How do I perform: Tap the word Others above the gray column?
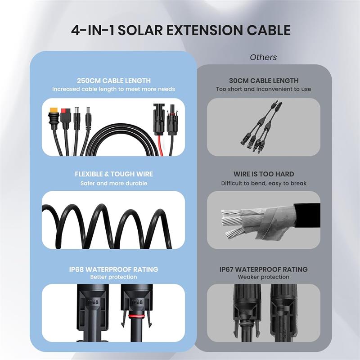coord(263,57)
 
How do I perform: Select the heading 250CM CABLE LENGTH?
coord(113,81)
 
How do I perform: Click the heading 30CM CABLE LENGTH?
coord(263,81)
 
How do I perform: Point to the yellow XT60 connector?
coord(54,112)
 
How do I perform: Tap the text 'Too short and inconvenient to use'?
coord(263,89)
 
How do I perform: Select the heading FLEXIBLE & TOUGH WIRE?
coord(113,174)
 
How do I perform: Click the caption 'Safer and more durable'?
coord(113,183)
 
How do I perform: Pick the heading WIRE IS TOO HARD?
coord(263,174)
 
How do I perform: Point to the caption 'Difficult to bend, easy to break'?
coord(263,183)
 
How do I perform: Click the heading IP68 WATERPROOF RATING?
coord(113,269)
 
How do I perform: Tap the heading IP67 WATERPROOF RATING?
coord(263,269)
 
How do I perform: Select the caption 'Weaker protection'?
coord(263,277)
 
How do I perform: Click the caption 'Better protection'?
coord(113,277)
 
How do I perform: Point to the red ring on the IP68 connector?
coord(135,316)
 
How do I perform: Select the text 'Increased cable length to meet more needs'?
coord(113,89)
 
